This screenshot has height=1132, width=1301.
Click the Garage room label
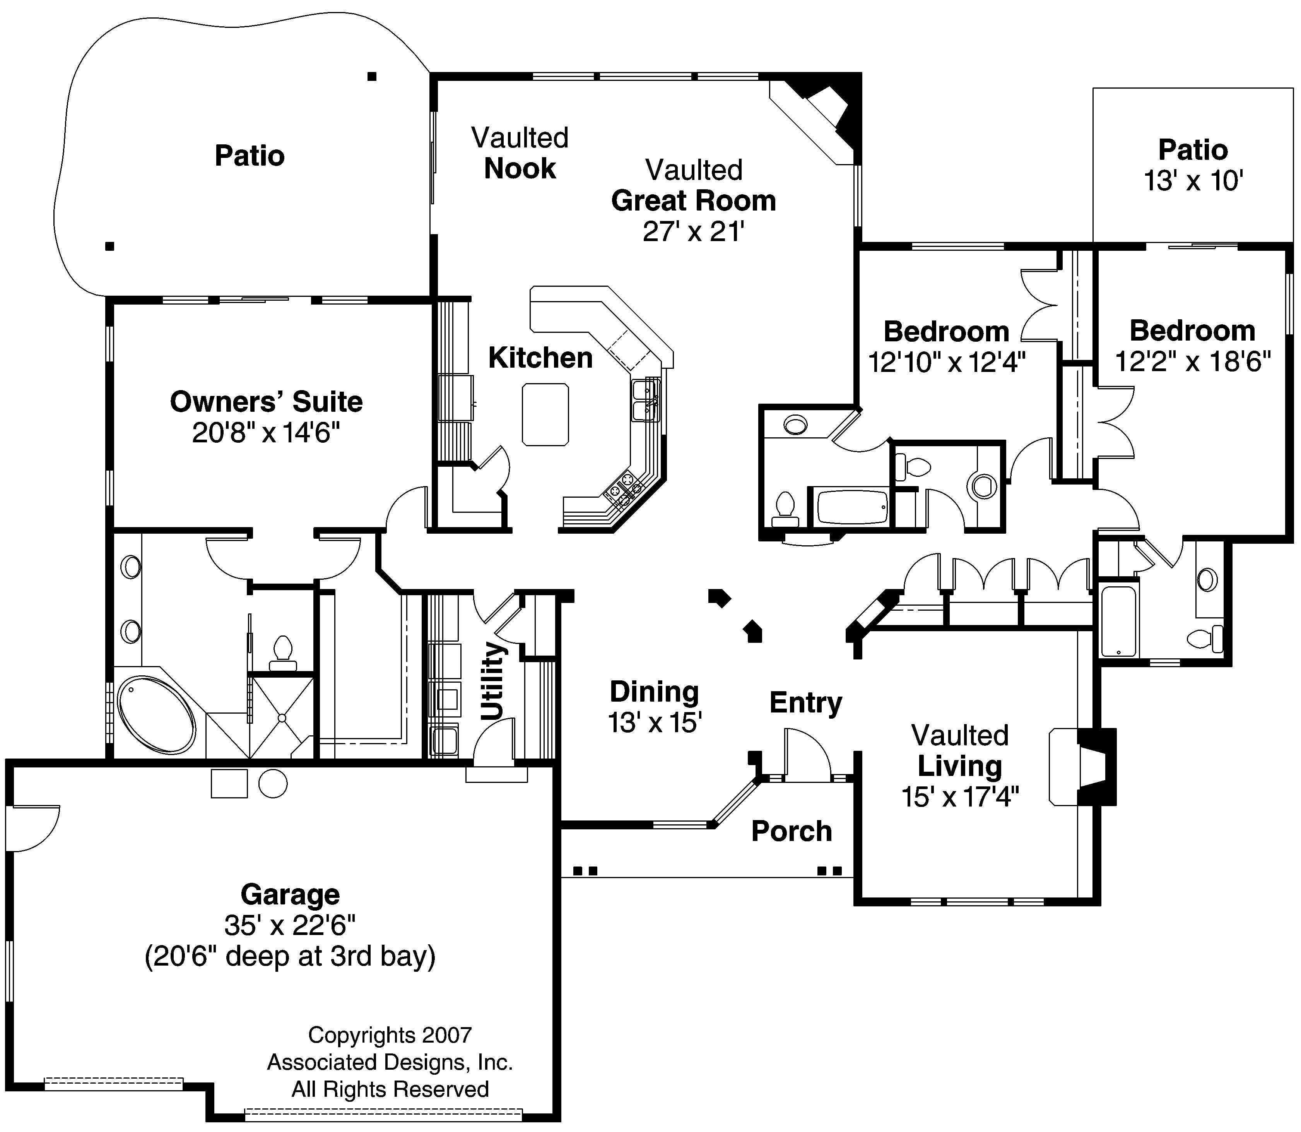290,894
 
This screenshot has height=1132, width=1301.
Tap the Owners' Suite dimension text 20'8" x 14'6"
266,433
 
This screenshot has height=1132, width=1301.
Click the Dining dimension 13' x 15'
655,723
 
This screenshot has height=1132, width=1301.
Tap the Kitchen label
540,358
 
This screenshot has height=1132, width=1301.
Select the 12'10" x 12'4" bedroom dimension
946,363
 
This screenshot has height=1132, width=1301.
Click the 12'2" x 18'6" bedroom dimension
1192,362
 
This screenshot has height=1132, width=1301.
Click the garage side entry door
32,827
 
